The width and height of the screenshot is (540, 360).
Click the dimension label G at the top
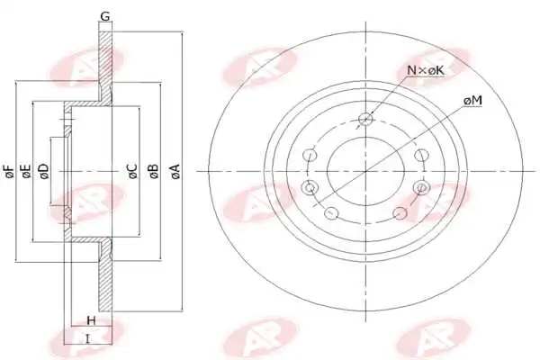tap(105, 16)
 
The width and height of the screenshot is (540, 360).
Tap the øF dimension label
tap(9, 171)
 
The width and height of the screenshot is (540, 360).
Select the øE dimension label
tap(26, 171)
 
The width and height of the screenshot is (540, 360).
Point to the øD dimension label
tap(44, 171)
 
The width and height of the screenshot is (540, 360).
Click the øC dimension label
tap(132, 171)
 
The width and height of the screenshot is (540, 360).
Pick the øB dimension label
tap(153, 171)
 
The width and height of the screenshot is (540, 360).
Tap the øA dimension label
tap(175, 171)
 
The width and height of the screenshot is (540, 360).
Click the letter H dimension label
tap(91, 320)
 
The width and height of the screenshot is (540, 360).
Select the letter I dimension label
tap(88, 339)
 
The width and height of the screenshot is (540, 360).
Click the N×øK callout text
tap(426, 70)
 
